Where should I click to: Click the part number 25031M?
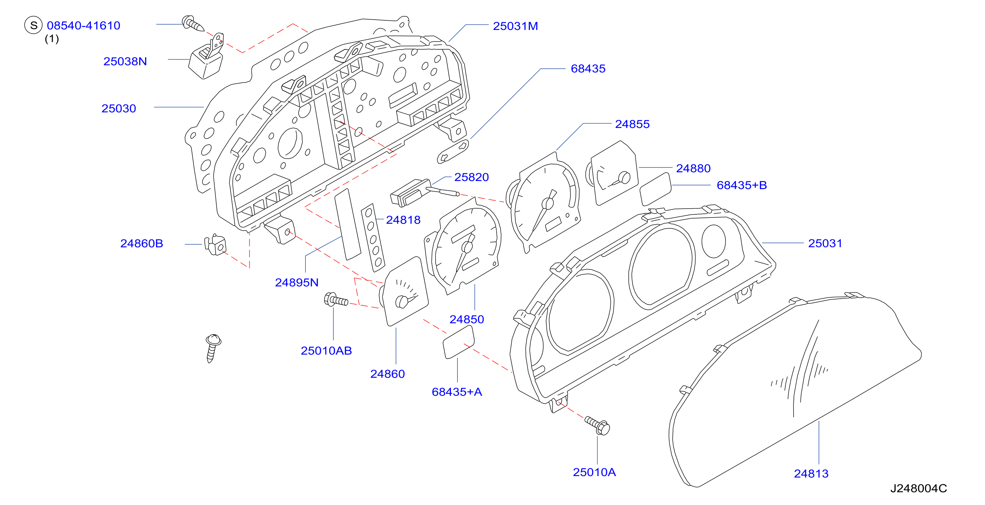coord(515,26)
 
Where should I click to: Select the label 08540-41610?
coord(83,26)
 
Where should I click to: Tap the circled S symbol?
coord(33,25)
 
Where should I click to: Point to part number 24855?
coord(632,124)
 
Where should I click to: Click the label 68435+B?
coord(741,185)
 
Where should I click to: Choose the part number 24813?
coord(811,474)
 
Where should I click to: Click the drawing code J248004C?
coord(919,489)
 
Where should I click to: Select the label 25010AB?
coord(326,351)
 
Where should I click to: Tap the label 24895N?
coord(297,282)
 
